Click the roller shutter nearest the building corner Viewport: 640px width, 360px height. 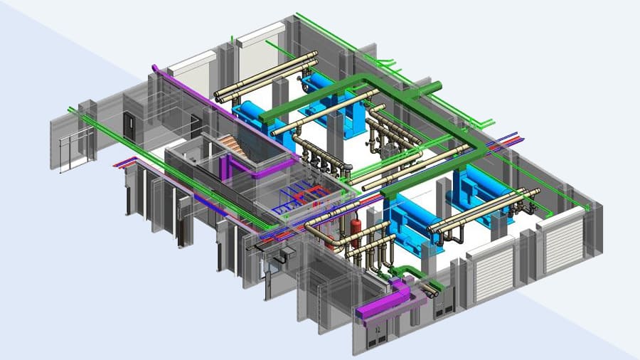click(563, 241)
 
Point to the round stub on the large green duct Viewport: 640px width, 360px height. click(433, 88)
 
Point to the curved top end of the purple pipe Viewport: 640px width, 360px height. click(154, 68)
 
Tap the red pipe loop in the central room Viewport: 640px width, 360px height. click(314, 194)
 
